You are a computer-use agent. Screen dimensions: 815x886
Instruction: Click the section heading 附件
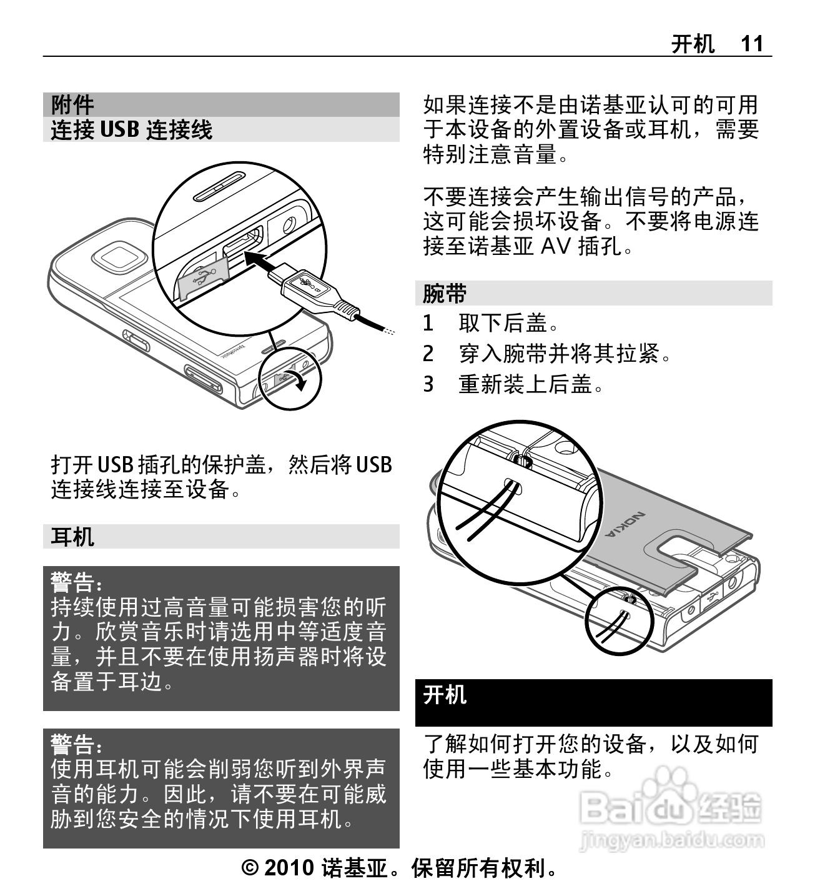pyautogui.click(x=72, y=104)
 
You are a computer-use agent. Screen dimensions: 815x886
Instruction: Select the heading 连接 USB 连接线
pyautogui.click(x=132, y=129)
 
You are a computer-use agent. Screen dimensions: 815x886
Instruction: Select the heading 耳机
pyautogui.click(x=72, y=537)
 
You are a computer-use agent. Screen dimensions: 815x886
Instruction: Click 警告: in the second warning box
pyautogui.click(x=76, y=744)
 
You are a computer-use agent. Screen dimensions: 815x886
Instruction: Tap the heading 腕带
pyautogui.click(x=445, y=293)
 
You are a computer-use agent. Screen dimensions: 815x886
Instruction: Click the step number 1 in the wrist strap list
pyautogui.click(x=428, y=324)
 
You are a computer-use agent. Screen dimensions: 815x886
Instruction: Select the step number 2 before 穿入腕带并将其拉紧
pyautogui.click(x=428, y=354)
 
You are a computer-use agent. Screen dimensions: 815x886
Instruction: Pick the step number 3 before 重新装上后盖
pyautogui.click(x=428, y=384)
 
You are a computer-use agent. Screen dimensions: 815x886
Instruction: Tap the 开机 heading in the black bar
pyautogui.click(x=445, y=694)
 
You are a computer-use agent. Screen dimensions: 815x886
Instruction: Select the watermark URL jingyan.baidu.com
pyautogui.click(x=671, y=839)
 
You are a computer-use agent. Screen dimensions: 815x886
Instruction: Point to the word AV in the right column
pyautogui.click(x=555, y=247)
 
